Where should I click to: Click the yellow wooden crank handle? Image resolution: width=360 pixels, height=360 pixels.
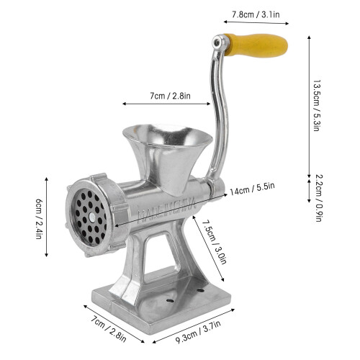coord(256,45)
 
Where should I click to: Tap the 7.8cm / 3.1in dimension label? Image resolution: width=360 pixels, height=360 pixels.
coord(256,14)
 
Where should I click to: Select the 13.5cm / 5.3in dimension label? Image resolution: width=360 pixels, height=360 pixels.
coord(317,105)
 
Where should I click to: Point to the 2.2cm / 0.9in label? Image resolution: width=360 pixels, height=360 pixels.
coord(319,198)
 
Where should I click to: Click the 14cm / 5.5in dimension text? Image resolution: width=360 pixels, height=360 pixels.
coord(252,189)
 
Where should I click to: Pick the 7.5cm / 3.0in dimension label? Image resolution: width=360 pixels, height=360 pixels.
coord(215,242)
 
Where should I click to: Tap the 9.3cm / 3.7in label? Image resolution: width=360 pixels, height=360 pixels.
coord(198,332)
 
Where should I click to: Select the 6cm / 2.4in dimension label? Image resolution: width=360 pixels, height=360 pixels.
coord(39,219)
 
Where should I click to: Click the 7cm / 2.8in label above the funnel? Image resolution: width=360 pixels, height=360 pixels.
coord(170,96)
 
